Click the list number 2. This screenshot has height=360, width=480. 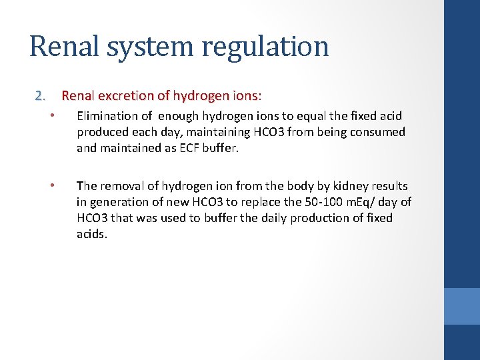tap(41, 97)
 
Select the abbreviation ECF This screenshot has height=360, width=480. tap(177, 148)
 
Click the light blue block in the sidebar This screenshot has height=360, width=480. tap(462, 306)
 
